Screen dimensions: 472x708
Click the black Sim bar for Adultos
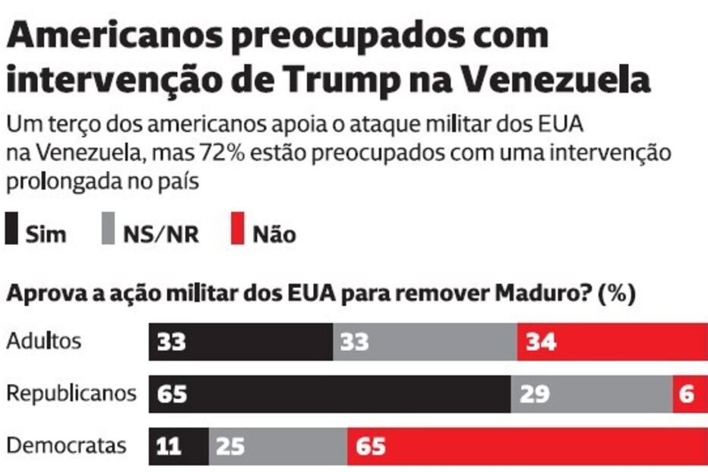tap(241, 342)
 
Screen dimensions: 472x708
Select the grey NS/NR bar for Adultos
tap(425, 342)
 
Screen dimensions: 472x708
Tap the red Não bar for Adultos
tap(612, 342)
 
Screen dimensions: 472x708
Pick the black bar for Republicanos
tap(330, 394)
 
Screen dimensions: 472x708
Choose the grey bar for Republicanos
tap(591, 394)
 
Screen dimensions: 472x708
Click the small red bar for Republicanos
tap(689, 394)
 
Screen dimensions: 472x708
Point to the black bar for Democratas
tap(179, 446)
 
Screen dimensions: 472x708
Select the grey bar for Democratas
tap(278, 446)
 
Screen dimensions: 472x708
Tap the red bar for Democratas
tap(527, 446)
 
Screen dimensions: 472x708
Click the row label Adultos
tap(43, 341)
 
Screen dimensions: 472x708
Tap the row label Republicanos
tap(71, 394)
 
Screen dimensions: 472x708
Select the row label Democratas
tap(66, 445)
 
